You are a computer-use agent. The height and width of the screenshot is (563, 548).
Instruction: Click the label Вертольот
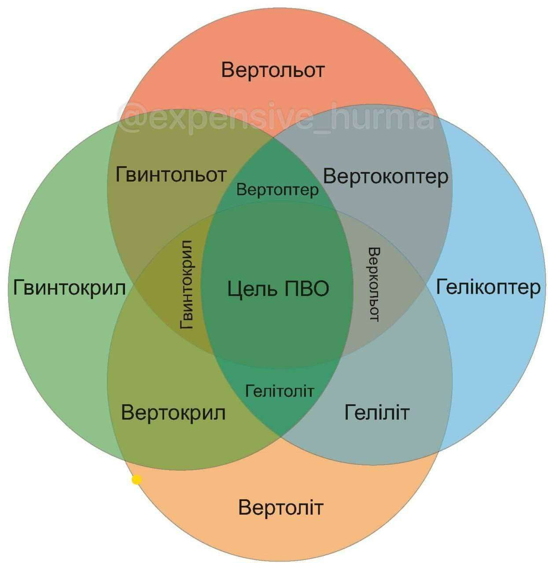click(x=272, y=70)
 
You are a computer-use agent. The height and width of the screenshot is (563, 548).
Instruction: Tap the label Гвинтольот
click(x=171, y=175)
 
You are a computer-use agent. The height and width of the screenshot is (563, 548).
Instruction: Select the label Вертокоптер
click(x=385, y=176)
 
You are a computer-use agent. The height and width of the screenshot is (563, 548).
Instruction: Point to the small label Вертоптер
click(x=277, y=190)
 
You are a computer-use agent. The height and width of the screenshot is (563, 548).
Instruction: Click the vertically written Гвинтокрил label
click(x=186, y=285)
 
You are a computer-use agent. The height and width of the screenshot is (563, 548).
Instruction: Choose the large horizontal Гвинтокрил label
click(x=70, y=288)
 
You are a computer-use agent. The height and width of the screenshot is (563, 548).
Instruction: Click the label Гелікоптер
click(x=488, y=287)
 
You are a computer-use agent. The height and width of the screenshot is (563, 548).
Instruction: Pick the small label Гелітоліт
click(x=280, y=391)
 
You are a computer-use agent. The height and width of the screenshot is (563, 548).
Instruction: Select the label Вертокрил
click(x=173, y=413)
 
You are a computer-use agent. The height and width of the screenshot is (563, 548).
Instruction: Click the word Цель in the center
click(x=252, y=289)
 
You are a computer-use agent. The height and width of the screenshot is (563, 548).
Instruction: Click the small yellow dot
click(x=136, y=480)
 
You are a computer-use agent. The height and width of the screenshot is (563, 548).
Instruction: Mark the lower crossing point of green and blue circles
click(x=280, y=438)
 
